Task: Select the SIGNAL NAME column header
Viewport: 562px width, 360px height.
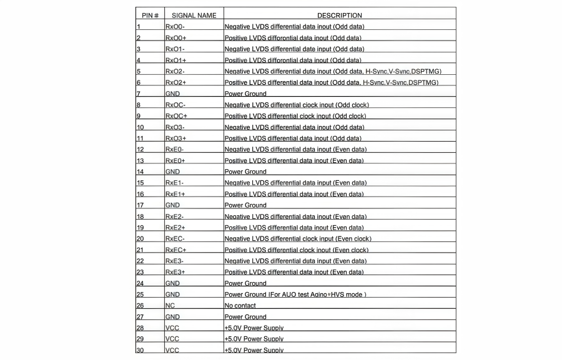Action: click(x=194, y=15)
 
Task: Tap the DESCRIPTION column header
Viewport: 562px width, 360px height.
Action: click(x=339, y=15)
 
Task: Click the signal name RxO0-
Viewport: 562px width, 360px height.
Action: click(x=175, y=27)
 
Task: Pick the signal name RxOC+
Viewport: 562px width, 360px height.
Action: click(x=176, y=116)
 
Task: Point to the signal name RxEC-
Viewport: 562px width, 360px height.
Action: click(x=175, y=238)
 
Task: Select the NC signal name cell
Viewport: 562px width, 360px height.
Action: click(x=170, y=306)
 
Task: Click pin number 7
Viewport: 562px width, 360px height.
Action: click(x=138, y=94)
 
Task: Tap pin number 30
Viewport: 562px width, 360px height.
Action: click(x=140, y=350)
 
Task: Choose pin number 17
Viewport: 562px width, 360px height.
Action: click(x=140, y=205)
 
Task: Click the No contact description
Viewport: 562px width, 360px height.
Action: click(x=240, y=306)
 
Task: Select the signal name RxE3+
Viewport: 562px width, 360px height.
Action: click(x=175, y=272)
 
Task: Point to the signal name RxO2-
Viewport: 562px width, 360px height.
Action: click(x=175, y=72)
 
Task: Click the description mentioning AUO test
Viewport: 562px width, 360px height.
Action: click(x=295, y=294)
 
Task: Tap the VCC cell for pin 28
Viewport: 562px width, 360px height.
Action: click(x=172, y=328)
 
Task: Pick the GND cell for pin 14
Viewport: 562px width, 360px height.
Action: click(x=172, y=172)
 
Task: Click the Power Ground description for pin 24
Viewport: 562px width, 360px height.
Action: click(x=245, y=283)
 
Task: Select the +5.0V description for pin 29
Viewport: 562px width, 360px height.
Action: click(x=254, y=339)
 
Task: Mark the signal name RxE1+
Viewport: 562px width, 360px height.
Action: click(x=175, y=194)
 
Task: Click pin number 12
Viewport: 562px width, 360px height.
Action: click(x=140, y=150)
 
